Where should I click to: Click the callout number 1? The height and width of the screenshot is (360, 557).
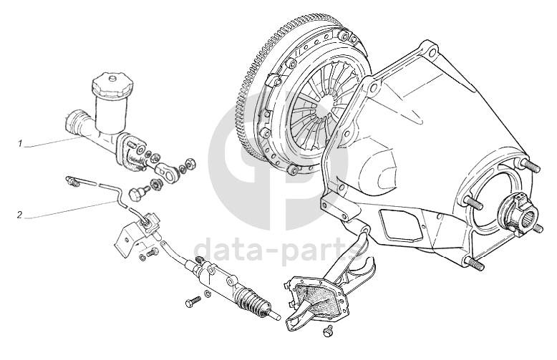(x=20, y=143)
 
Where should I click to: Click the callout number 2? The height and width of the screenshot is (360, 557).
(x=20, y=215)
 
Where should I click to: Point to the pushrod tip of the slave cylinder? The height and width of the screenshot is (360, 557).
(x=277, y=316)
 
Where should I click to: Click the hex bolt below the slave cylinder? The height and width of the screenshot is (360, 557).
(x=193, y=302)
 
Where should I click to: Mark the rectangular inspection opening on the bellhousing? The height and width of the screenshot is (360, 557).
(x=402, y=226)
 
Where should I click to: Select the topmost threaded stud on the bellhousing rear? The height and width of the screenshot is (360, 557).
(x=531, y=165)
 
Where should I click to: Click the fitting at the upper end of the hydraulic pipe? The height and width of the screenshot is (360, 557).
(x=72, y=180)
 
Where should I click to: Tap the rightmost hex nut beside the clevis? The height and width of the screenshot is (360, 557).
(x=190, y=163)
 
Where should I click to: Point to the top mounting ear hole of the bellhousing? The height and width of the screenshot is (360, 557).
(x=432, y=53)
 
